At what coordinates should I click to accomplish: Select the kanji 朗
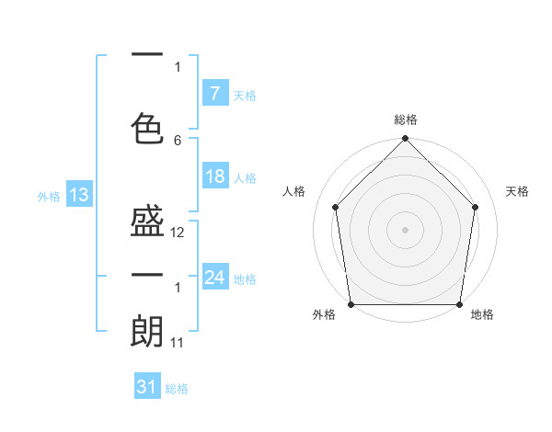[x=147, y=330]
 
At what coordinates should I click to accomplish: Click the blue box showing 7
[x=214, y=93]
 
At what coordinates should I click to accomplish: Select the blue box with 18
[x=214, y=176]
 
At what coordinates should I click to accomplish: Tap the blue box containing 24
[x=214, y=277]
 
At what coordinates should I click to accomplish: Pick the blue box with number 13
[x=78, y=195]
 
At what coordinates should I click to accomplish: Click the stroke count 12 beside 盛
[x=178, y=233]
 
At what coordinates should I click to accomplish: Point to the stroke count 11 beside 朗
[x=178, y=343]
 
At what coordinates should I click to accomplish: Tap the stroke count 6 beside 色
[x=178, y=141]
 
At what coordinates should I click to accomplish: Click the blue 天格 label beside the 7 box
[x=245, y=95]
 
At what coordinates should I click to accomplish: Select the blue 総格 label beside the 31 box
[x=177, y=389]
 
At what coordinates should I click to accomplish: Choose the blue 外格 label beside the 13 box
[x=49, y=196]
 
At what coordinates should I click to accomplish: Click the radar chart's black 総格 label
[x=405, y=119]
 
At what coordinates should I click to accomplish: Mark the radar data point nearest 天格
[x=476, y=207]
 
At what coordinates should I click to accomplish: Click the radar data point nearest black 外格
[x=351, y=304]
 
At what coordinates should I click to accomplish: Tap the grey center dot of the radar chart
[x=405, y=229]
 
